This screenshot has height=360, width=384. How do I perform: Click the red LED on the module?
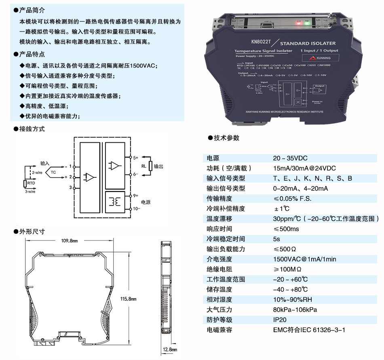click(298, 23)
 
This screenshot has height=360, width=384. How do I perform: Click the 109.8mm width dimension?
click(69, 241)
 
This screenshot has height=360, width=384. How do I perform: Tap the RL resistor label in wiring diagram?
click(143, 166)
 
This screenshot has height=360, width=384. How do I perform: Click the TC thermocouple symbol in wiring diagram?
click(53, 172)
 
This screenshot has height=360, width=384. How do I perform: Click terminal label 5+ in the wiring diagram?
click(136, 157)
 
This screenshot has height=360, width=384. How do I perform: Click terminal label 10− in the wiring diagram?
click(137, 209)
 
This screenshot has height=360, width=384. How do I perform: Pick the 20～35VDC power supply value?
click(290, 158)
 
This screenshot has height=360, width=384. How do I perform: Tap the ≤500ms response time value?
click(286, 229)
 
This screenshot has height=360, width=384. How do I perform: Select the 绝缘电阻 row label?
click(219, 269)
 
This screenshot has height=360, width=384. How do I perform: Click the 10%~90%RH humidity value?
click(292, 300)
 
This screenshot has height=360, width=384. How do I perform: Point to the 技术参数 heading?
click(226, 138)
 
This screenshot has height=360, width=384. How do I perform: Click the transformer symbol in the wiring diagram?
click(114, 202)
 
